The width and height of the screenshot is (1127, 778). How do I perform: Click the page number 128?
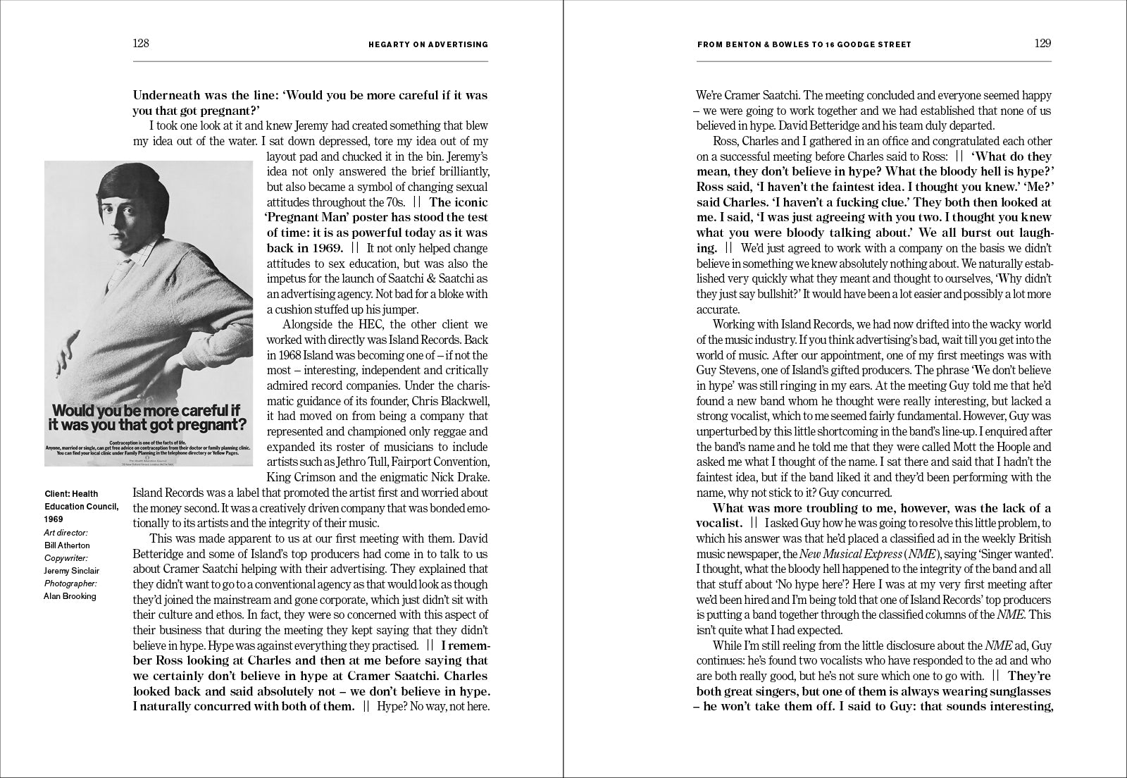[141, 43]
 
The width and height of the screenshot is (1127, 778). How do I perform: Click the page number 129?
[1042, 43]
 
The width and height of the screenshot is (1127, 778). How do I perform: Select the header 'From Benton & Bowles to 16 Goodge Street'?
[804, 44]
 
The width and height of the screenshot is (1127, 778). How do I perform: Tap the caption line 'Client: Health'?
[71, 494]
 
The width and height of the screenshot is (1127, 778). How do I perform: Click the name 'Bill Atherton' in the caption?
[67, 545]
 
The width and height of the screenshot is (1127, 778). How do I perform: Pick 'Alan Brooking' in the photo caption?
[70, 595]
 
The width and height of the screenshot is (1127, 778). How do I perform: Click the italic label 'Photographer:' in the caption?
[70, 583]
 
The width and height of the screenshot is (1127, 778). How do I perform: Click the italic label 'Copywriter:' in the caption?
[66, 557]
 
